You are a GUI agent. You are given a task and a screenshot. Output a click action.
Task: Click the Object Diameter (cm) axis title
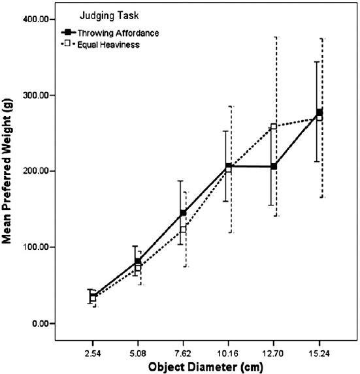pos(205,367)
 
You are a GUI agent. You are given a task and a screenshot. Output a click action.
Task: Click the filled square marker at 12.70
pos(274,166)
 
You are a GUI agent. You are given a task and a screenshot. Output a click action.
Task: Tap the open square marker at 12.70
pos(274,127)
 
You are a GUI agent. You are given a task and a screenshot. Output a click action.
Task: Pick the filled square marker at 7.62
pos(183,213)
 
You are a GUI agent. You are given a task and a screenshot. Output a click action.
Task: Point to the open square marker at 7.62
pos(184,230)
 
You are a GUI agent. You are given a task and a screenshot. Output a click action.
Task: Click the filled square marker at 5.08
pos(137,261)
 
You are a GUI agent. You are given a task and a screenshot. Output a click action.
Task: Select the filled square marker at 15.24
pos(319,112)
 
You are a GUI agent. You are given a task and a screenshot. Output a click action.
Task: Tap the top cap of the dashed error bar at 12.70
pos(276,37)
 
